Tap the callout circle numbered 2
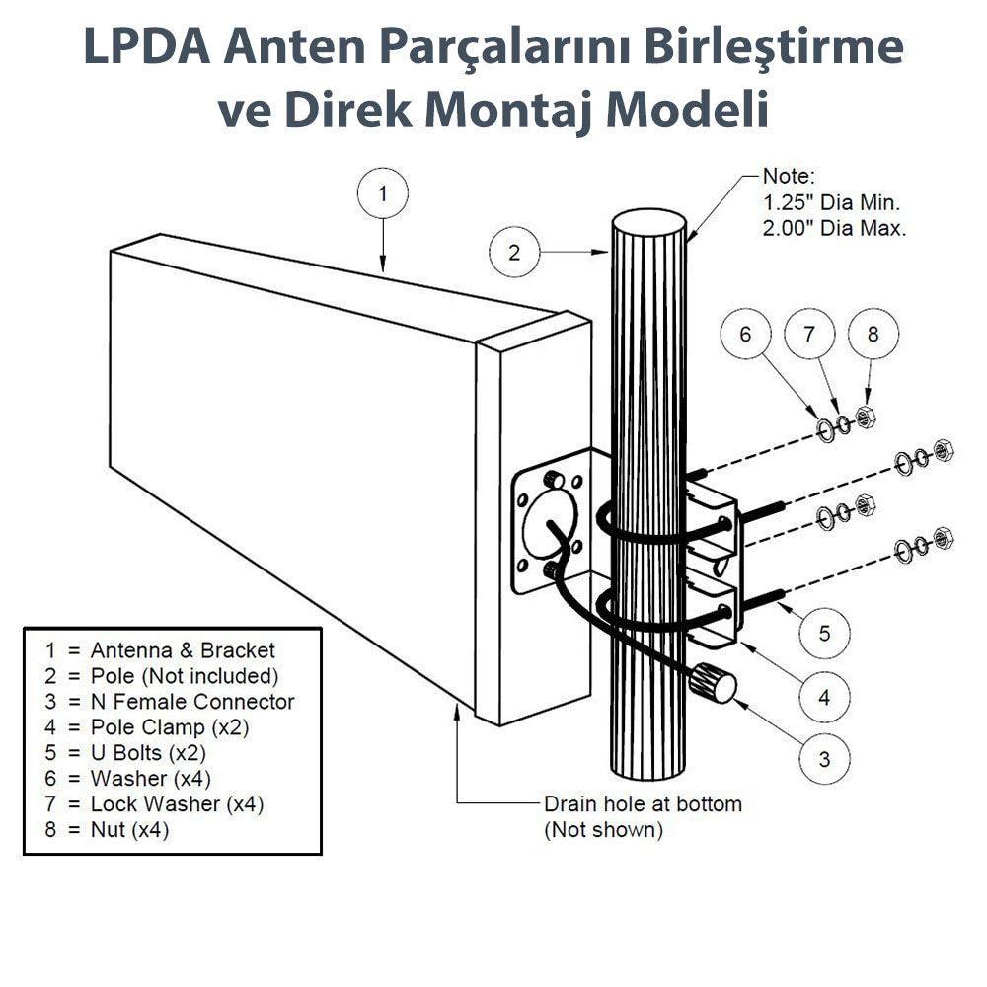click(x=514, y=252)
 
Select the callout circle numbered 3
click(x=825, y=759)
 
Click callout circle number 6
click(x=746, y=335)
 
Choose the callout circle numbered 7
click(x=810, y=335)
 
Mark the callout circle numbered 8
click(x=873, y=335)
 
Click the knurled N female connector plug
click(x=714, y=682)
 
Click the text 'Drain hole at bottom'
click(x=643, y=804)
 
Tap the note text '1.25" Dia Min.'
click(x=832, y=203)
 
